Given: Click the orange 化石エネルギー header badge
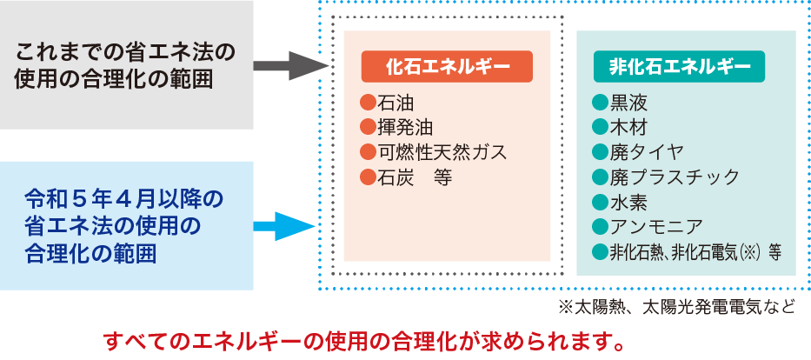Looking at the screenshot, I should (x=447, y=67).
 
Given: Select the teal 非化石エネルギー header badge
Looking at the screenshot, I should (x=686, y=67).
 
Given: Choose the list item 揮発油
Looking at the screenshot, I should (x=396, y=128).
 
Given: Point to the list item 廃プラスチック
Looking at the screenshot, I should (x=665, y=177).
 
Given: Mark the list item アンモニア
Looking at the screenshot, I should (x=646, y=227).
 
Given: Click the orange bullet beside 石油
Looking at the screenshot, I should (x=366, y=103).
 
